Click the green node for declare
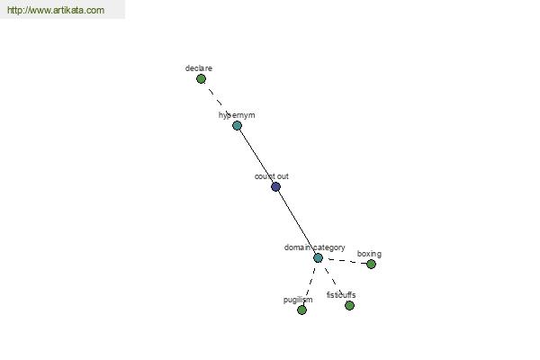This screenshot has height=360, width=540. [201, 79]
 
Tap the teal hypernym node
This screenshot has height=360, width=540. [237, 125]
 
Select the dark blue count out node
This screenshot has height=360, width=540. [275, 186]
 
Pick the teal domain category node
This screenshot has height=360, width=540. [318, 257]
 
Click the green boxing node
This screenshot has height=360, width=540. [371, 265]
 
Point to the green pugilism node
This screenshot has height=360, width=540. [301, 310]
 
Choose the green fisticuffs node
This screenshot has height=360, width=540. [349, 306]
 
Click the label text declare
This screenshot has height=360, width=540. [199, 68]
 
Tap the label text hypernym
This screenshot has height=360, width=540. [237, 115]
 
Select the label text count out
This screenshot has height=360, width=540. [272, 176]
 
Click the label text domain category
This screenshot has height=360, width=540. [314, 247]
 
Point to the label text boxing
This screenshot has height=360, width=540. [369, 254]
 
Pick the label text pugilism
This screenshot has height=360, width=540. [298, 300]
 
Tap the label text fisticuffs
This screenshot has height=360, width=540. [341, 295]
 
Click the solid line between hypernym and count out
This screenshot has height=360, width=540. [256, 156]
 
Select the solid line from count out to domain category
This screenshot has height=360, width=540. [296, 222]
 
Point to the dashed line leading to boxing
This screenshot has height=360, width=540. [345, 261]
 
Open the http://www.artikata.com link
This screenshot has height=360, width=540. [56, 10]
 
